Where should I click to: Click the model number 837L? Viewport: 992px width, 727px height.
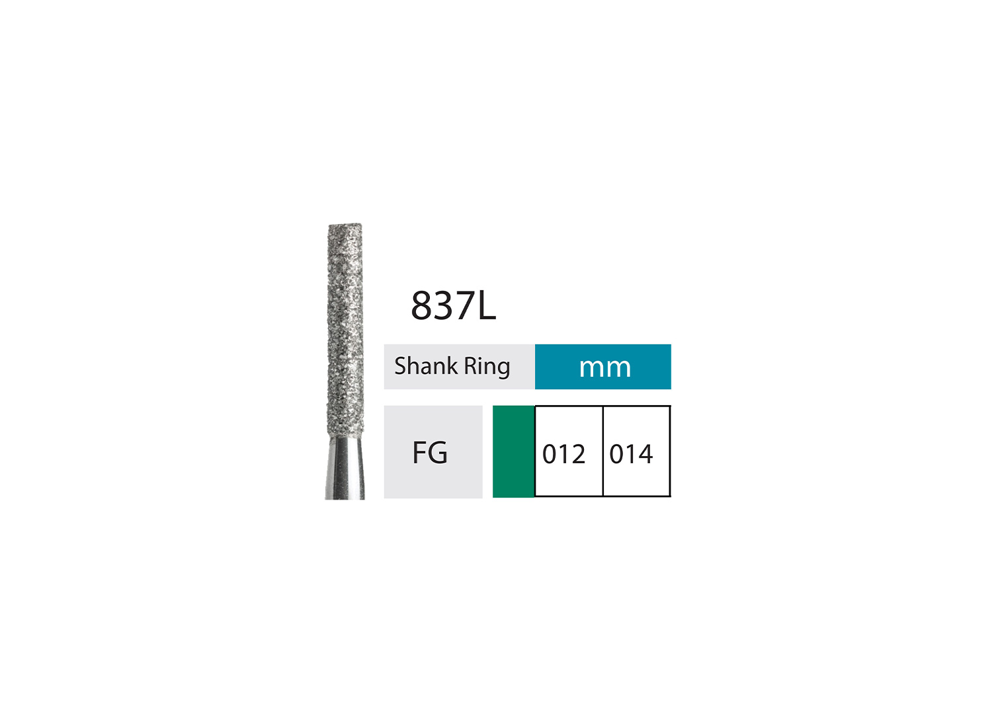pyautogui.click(x=453, y=305)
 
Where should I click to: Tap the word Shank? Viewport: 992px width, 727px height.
pyautogui.click(x=425, y=365)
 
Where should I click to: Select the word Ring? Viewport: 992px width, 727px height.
pyautogui.click(x=487, y=367)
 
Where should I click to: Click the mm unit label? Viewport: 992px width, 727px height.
pyautogui.click(x=604, y=367)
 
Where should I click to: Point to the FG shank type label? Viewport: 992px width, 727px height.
pyautogui.click(x=430, y=453)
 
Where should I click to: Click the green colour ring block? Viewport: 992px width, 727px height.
pyautogui.click(x=513, y=451)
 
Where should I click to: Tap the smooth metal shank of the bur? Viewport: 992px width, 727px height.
pyautogui.click(x=345, y=469)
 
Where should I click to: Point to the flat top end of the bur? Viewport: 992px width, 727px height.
pyautogui.click(x=345, y=227)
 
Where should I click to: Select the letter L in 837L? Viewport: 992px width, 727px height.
pyautogui.click(x=486, y=306)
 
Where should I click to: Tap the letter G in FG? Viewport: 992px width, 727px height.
pyautogui.click(x=438, y=453)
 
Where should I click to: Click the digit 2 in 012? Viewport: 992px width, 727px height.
pyautogui.click(x=577, y=454)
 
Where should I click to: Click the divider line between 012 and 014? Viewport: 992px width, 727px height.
pyautogui.click(x=602, y=451)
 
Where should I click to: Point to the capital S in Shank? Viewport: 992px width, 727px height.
pyautogui.click(x=401, y=365)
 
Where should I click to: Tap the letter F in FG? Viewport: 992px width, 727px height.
pyautogui.click(x=419, y=453)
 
